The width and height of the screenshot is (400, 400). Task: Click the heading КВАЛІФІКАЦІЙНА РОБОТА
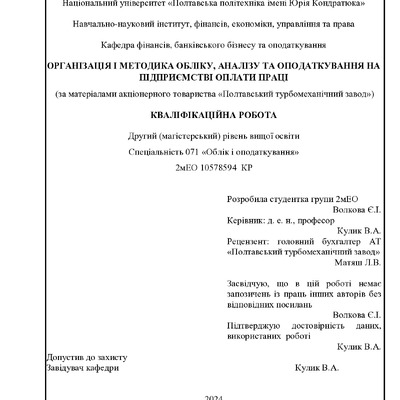(x=200, y=115)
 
